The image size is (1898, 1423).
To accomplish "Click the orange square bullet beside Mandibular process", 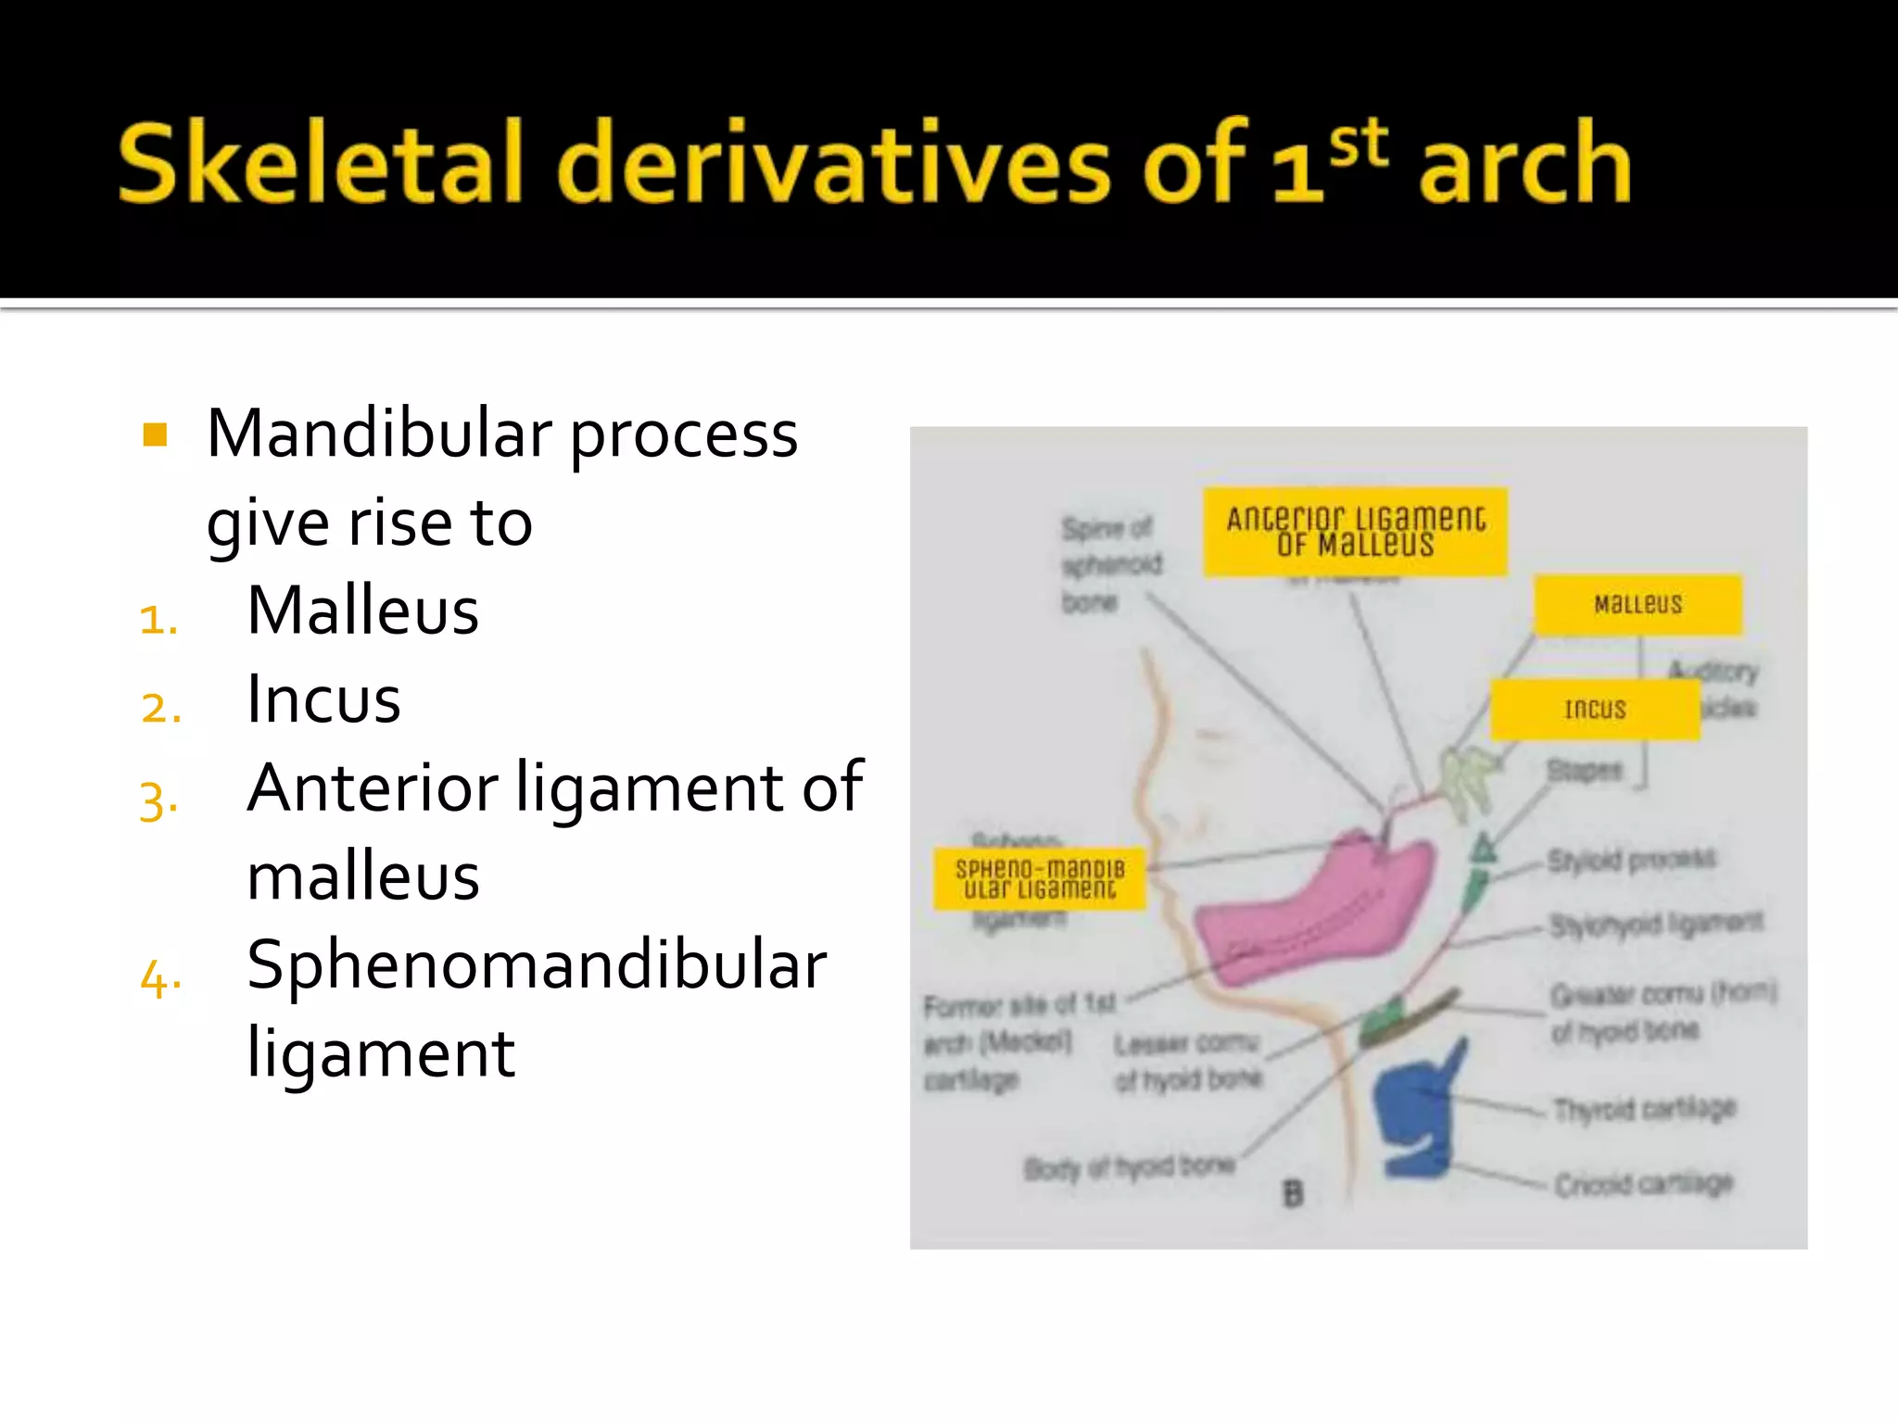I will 155,434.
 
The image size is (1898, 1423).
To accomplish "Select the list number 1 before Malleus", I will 158,620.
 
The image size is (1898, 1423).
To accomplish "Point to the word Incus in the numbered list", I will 323,699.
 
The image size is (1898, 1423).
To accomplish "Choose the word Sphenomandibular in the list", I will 537,964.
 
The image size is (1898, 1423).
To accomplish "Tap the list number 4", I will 159,978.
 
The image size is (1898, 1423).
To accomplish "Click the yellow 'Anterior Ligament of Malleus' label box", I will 1355,532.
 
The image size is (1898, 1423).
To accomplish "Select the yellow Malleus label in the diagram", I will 1638,605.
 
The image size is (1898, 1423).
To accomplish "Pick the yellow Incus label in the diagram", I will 1595,710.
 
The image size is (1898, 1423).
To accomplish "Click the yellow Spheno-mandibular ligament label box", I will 1039,878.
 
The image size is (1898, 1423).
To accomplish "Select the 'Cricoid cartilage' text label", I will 1643,1184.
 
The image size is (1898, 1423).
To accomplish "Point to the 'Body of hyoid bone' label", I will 1129,1167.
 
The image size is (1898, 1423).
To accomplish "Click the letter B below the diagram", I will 1293,1194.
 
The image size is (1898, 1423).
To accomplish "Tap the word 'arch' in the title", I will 1525,165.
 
